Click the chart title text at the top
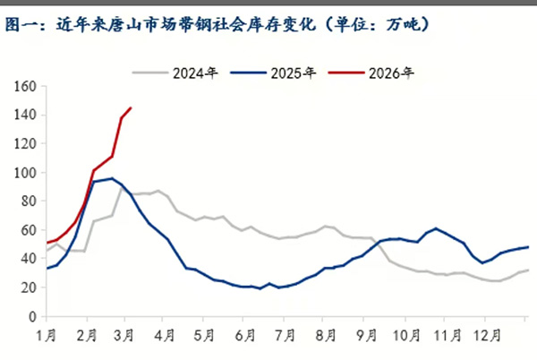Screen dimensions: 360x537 point(219,25)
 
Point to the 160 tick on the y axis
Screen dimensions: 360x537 point(24,86)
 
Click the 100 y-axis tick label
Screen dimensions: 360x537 point(24,172)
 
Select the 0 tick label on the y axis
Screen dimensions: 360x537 point(31,316)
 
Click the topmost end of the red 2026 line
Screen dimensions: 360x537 point(131,108)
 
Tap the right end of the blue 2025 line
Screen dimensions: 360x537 point(528,247)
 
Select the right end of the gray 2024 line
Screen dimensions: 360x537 point(528,270)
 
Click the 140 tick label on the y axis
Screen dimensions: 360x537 point(24,115)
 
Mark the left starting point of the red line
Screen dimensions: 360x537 point(47,243)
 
